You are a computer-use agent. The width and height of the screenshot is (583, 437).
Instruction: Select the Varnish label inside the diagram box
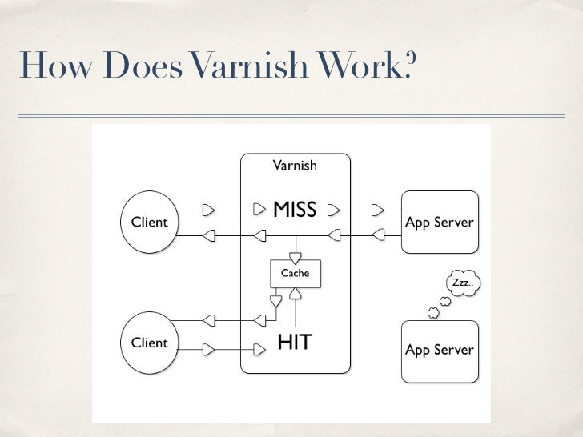click(x=295, y=166)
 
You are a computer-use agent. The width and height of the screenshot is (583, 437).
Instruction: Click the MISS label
click(x=295, y=210)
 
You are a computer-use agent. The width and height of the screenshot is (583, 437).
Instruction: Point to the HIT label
click(x=294, y=343)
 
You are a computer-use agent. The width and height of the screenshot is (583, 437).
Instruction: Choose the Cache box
click(x=295, y=274)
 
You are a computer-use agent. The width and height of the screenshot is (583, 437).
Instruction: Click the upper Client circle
click(x=149, y=223)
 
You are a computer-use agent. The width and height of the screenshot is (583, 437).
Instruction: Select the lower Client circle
click(x=149, y=343)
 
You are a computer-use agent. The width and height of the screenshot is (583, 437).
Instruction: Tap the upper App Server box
click(x=440, y=222)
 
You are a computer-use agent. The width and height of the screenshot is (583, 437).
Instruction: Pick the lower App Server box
click(x=440, y=351)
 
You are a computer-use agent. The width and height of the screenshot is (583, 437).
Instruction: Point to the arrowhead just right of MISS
click(x=333, y=211)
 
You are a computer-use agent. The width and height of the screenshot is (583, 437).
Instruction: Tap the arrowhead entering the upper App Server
click(x=378, y=211)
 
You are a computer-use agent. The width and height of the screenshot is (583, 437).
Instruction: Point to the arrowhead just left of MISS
click(x=258, y=211)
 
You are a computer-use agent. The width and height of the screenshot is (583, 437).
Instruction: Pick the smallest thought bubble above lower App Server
click(x=433, y=313)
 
